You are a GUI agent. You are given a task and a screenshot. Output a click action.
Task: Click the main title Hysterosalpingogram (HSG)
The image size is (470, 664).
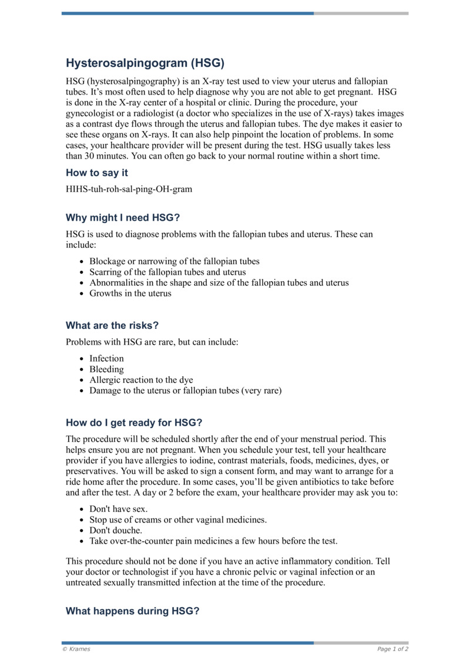tap(145, 62)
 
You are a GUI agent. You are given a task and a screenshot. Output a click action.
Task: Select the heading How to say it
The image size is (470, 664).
tap(96, 173)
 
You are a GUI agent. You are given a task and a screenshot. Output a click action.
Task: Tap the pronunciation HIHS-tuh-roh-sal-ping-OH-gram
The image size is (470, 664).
tap(129, 189)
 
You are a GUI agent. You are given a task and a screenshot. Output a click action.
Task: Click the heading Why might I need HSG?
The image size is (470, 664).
tap(123, 217)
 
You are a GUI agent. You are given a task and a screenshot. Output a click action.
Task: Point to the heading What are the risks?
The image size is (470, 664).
tap(112, 325)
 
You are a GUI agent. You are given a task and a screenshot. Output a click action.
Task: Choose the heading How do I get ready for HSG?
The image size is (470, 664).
tap(134, 422)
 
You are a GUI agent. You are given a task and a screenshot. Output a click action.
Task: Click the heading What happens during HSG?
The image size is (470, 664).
tap(132, 611)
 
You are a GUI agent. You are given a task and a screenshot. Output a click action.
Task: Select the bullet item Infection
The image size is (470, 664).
tap(106, 358)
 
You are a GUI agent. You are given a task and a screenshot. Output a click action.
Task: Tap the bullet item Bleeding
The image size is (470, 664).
tap(106, 369)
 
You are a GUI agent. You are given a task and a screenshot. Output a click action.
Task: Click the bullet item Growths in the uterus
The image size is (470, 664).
tap(130, 293)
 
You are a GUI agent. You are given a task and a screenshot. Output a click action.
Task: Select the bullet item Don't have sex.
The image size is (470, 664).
tap(118, 508)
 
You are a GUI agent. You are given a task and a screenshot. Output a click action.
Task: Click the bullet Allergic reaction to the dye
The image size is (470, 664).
tap(141, 380)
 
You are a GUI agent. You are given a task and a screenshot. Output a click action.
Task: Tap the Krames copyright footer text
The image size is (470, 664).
tap(76, 649)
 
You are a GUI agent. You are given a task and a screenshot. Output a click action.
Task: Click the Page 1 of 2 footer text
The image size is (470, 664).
tap(392, 649)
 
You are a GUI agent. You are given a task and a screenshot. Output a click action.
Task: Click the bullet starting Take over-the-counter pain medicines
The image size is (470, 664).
tap(213, 541)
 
